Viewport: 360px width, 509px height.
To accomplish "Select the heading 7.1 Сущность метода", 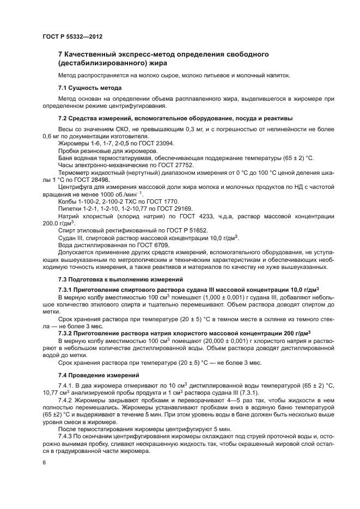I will pos(89,88).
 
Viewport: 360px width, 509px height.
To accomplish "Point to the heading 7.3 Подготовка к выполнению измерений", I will pos(117,279).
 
